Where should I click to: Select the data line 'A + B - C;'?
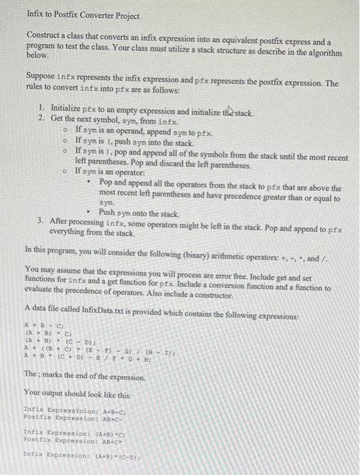[43, 324]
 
